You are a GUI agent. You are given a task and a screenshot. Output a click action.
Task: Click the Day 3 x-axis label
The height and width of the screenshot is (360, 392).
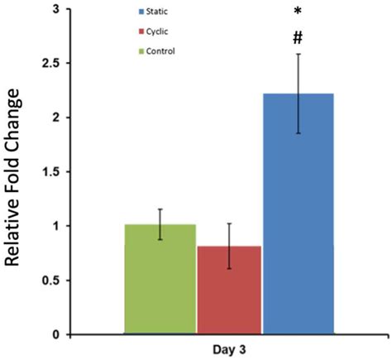tap(229, 351)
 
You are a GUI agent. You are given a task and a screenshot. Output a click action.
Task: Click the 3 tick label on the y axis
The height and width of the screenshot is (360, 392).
tap(55, 9)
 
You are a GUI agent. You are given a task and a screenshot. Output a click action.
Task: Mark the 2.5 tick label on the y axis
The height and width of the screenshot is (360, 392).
tap(51, 64)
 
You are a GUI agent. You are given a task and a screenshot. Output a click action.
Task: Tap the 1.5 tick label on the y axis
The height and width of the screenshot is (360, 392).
tap(51, 172)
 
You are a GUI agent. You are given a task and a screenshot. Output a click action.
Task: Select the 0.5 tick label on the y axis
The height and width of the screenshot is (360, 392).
tap(51, 281)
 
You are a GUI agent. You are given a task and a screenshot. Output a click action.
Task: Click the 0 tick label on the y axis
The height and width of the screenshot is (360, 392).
tap(55, 334)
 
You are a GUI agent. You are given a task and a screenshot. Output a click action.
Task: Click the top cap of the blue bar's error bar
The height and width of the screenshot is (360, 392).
tap(298, 55)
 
